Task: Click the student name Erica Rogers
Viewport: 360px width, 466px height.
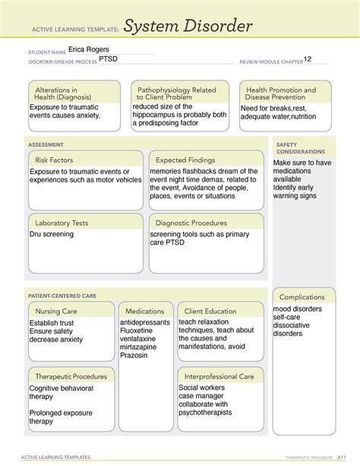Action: coord(88,50)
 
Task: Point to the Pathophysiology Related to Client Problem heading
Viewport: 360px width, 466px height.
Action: coord(175,94)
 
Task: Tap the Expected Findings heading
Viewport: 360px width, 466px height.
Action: coord(185,160)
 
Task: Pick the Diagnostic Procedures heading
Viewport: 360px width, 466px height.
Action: coord(191,223)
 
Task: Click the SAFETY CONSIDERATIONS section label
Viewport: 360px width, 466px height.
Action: coord(292,147)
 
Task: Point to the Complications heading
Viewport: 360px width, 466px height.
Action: coord(302,296)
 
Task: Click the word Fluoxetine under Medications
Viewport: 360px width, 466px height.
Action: coord(139,331)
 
